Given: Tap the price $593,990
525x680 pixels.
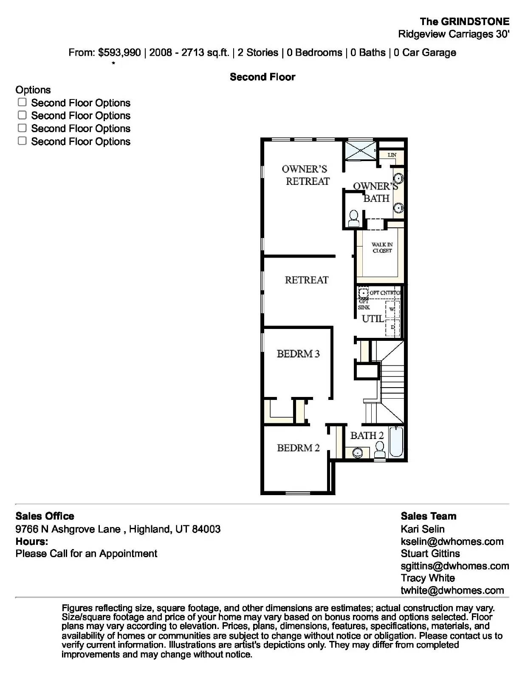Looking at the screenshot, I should (119, 53).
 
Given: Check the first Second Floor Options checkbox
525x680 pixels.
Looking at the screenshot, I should (22, 102).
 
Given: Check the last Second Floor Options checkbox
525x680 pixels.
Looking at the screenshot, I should (22, 141).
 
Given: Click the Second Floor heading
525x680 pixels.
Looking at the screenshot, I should (262, 77).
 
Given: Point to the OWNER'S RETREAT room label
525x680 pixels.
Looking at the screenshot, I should (305, 175).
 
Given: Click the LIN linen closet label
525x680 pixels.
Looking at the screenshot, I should (392, 155).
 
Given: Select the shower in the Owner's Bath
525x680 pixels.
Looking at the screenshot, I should (359, 150).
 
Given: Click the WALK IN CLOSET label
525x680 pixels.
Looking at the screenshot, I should (382, 248).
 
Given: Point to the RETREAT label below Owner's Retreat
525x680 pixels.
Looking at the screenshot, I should (306, 280).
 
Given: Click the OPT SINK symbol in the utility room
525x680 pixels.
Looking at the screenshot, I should (363, 293).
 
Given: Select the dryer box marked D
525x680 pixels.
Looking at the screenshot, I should (392, 327).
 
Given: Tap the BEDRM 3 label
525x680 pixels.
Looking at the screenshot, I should (298, 354).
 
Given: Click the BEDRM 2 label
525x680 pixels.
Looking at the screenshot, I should (298, 448).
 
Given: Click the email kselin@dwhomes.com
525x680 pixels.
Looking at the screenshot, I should (452, 541).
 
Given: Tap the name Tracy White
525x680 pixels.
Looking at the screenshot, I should (427, 578).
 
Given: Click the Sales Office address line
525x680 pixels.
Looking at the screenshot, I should (118, 529).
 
